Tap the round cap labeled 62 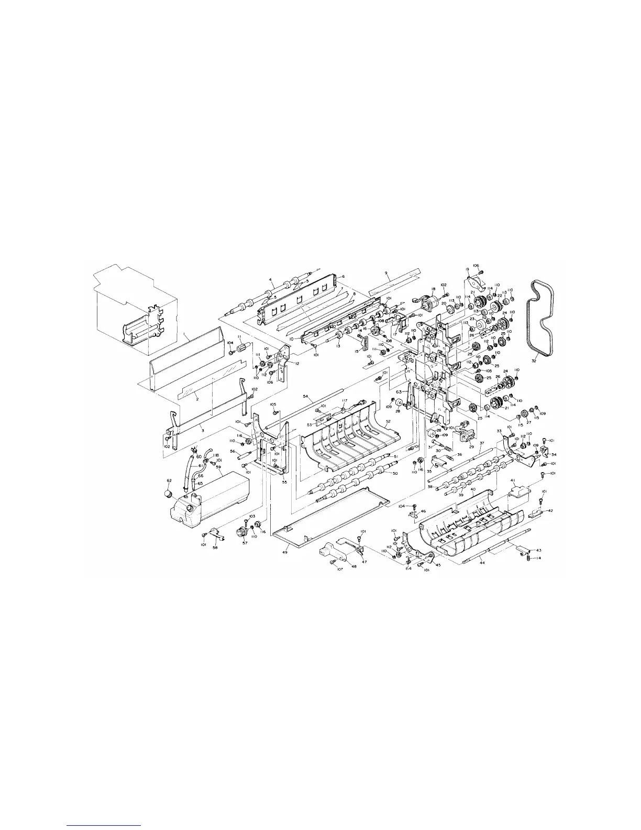coord(169,494)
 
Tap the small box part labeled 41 coord(520,492)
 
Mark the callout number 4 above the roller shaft coord(271,280)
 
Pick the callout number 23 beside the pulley coord(471,319)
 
